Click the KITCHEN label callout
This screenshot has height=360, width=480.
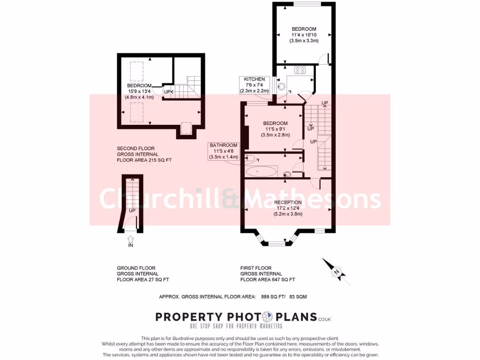point(253,85)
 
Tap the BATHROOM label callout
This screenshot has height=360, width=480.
point(224,151)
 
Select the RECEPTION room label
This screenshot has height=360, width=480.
point(288,202)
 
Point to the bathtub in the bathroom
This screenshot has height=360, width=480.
point(262,171)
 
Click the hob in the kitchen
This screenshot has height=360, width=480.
point(300,71)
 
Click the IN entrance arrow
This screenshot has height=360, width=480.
point(130,241)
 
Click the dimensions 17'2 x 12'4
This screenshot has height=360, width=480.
point(288,208)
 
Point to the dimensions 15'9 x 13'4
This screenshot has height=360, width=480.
point(139,91)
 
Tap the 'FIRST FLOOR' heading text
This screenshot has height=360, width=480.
point(256,268)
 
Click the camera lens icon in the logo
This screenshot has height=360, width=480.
point(268,317)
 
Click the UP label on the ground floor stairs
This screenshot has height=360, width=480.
point(132,210)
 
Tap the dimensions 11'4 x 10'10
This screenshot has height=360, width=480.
point(304,35)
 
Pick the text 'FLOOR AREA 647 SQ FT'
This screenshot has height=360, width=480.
point(268,279)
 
